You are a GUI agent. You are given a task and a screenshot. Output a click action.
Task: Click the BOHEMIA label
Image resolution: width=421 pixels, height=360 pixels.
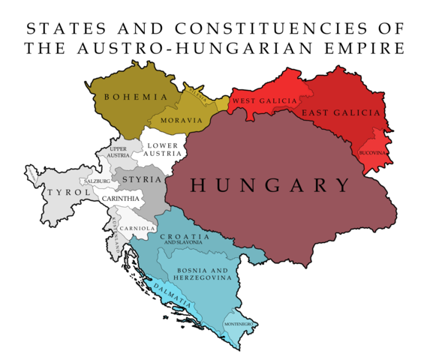click(x=136, y=97)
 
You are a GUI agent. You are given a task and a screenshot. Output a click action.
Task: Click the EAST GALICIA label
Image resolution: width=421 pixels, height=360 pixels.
click(x=341, y=112)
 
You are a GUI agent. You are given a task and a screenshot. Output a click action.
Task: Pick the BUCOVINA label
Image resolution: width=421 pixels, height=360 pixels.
click(x=371, y=152)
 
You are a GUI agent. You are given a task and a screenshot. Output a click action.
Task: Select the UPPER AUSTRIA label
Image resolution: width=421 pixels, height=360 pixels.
click(x=119, y=152)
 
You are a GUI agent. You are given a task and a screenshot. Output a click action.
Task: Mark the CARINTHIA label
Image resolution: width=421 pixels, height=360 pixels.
click(x=121, y=198)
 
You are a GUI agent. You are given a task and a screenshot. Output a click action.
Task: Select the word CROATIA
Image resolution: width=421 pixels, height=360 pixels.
click(x=184, y=235)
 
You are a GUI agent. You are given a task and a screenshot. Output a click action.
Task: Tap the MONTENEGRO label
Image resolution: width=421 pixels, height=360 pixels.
click(x=238, y=324)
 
